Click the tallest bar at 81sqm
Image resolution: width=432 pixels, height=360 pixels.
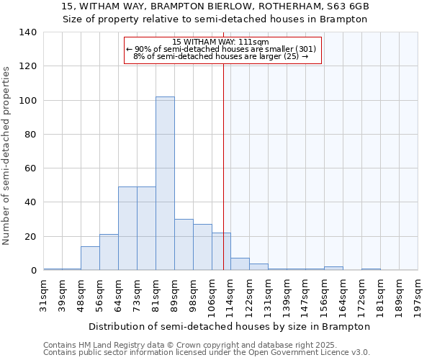(x=165, y=184)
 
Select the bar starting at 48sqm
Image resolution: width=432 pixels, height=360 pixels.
(x=90, y=258)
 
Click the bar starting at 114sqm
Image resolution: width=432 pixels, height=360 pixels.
(x=240, y=264)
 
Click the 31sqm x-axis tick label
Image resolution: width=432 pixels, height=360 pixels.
(x=44, y=292)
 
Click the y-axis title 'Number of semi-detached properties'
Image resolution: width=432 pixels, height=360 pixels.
(x=7, y=155)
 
